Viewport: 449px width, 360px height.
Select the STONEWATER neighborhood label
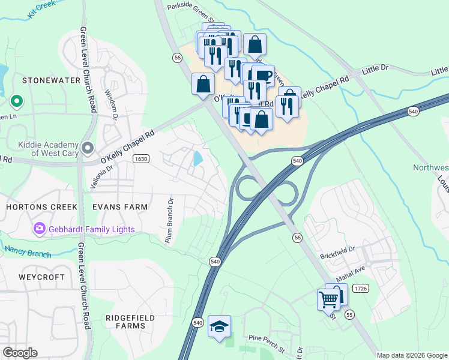pyautogui.click(x=43, y=80)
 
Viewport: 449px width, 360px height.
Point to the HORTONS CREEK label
pyautogui.click(x=41, y=207)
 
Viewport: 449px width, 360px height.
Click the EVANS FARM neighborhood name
pyautogui.click(x=120, y=207)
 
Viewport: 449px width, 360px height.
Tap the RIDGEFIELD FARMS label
pyautogui.click(x=130, y=322)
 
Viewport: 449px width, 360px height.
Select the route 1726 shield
pyautogui.click(x=360, y=289)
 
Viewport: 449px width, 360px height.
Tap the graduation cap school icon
pyautogui.click(x=219, y=326)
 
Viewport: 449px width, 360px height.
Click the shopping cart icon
pyautogui.click(x=328, y=299)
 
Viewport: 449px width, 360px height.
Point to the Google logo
pyautogui.click(x=20, y=353)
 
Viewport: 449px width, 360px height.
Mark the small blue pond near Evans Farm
pyautogui.click(x=197, y=159)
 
